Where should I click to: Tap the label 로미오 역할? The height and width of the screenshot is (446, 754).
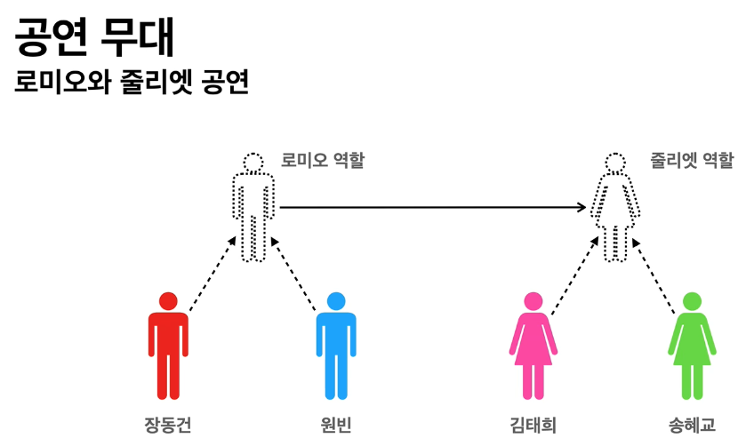[323, 160]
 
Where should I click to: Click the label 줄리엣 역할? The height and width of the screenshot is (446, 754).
[693, 160]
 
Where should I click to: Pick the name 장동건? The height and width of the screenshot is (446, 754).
[167, 425]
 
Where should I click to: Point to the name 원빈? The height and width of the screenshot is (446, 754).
[336, 425]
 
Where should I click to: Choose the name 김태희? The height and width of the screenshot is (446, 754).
[533, 425]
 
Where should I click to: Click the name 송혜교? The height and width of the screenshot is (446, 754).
[692, 425]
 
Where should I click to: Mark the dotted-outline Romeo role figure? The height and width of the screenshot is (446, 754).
[254, 208]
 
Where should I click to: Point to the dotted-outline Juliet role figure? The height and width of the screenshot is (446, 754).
[615, 208]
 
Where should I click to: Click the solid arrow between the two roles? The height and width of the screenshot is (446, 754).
[433, 208]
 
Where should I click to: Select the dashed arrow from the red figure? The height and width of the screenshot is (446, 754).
[213, 275]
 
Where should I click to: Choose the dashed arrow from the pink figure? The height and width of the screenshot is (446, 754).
[574, 275]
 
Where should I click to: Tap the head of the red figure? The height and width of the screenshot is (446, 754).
[168, 301]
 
